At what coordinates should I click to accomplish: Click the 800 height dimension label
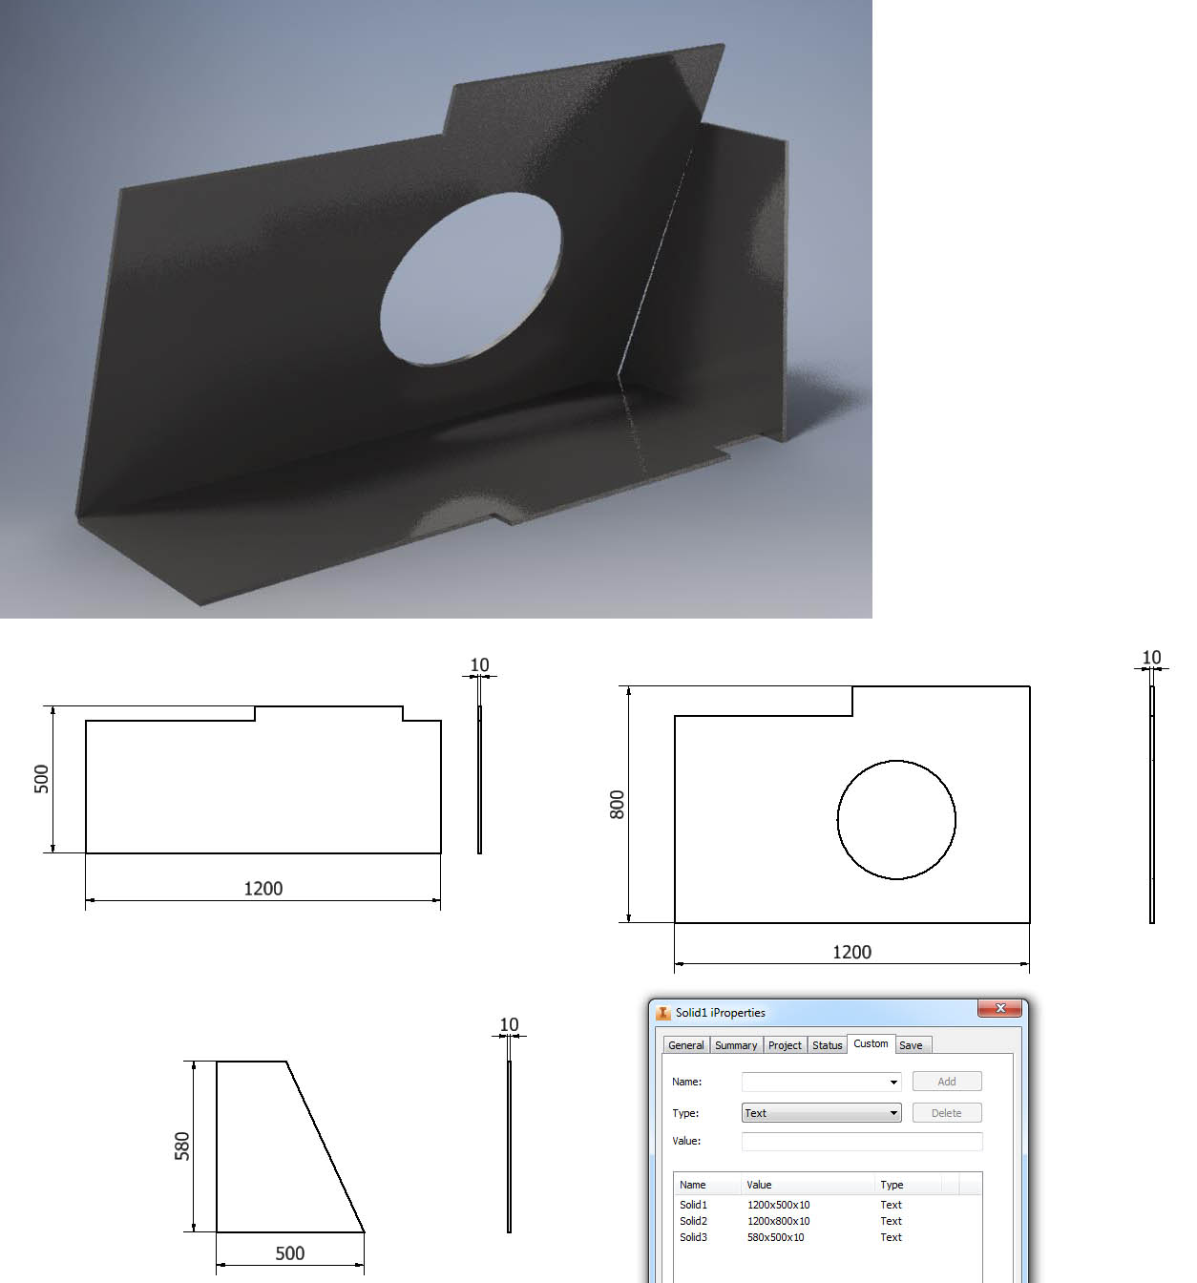pyautogui.click(x=618, y=805)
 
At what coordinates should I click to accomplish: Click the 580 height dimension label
pyautogui.click(x=182, y=1146)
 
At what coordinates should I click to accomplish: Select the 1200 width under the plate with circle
pyautogui.click(x=851, y=952)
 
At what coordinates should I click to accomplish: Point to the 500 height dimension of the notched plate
pyautogui.click(x=41, y=779)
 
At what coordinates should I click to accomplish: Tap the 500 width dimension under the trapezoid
pyautogui.click(x=289, y=1253)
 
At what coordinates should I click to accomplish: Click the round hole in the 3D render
pyautogui.click(x=471, y=278)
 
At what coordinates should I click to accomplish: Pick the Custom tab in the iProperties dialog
pyautogui.click(x=871, y=1043)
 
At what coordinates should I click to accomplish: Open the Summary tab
pyautogui.click(x=736, y=1045)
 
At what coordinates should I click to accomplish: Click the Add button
pyautogui.click(x=946, y=1082)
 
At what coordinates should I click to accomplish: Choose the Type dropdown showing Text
pyautogui.click(x=821, y=1113)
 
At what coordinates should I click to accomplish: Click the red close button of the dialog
pyautogui.click(x=999, y=1008)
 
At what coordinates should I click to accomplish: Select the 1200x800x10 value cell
pyautogui.click(x=778, y=1221)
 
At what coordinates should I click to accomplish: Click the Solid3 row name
pyautogui.click(x=693, y=1237)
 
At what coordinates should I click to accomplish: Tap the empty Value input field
pyautogui.click(x=861, y=1141)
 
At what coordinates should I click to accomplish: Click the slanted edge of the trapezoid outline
pyautogui.click(x=325, y=1146)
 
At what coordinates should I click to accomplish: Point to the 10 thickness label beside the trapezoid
pyautogui.click(x=509, y=1024)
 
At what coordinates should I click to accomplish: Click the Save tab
pyautogui.click(x=911, y=1045)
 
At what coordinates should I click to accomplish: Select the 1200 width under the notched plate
pyautogui.click(x=262, y=889)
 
